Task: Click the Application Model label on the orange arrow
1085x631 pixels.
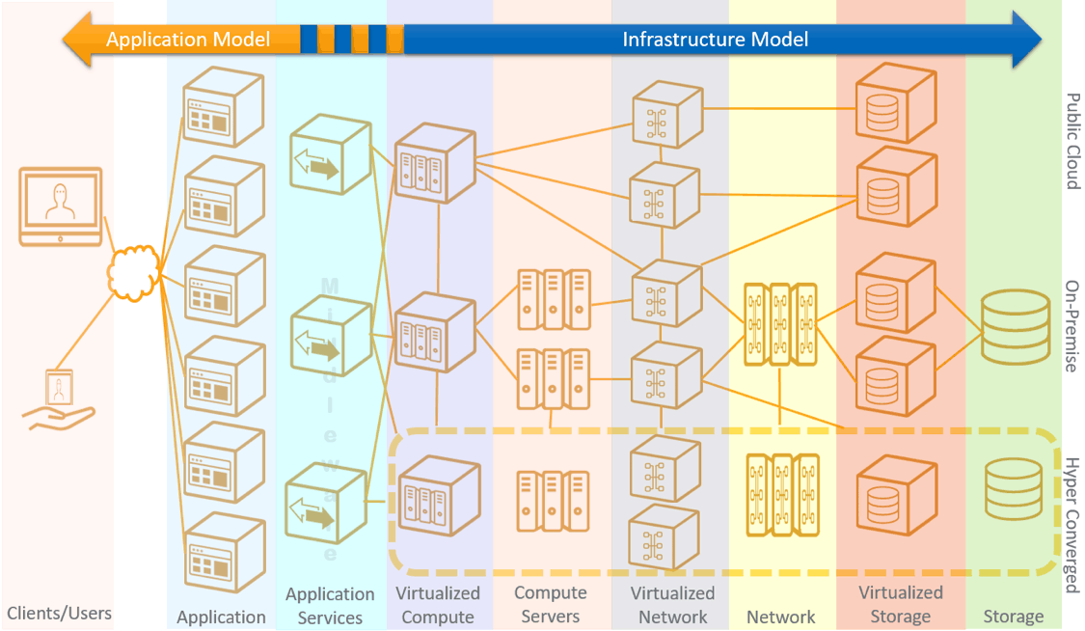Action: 188,41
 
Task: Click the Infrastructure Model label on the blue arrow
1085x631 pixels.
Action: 715,41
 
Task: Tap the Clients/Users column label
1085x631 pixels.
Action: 60,613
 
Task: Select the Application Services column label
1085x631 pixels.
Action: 330,606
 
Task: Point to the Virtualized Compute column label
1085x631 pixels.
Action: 438,605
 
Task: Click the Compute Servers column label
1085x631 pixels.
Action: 550,605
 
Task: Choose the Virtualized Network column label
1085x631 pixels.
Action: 672,605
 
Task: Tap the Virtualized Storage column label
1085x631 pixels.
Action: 901,605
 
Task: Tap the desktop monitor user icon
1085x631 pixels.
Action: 61,206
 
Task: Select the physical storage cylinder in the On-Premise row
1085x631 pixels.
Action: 1014,328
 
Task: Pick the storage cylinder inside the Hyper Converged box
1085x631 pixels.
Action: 1014,489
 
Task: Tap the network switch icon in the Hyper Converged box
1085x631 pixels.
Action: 782,495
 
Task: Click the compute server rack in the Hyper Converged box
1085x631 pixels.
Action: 552,501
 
